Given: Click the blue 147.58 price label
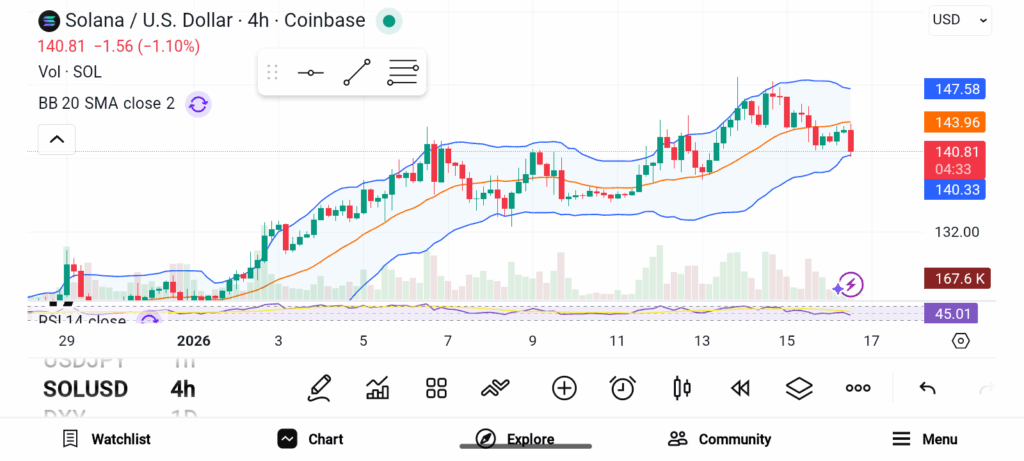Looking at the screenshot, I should coord(954,89).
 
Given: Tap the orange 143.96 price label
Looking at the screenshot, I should coord(954,122).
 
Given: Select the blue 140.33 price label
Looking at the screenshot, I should coord(954,189).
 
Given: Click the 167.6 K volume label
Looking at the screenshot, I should coord(954,279).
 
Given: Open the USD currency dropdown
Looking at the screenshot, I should coord(960,19).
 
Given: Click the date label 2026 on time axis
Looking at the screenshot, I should coord(187,341).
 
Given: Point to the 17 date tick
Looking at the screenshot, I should coord(872,341).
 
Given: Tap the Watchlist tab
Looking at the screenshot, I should coord(106,439).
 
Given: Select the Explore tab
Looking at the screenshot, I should coord(515,439).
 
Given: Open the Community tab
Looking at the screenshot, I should coord(720,439).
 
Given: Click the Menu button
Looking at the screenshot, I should coord(925,439).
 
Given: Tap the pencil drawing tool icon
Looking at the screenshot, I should coord(320,388).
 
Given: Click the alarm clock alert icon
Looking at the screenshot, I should coord(623,388).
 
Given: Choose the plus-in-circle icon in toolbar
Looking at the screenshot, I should coord(564,388).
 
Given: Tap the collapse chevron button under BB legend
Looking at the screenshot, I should coord(57,139).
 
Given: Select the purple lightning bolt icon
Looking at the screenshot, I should coord(850,285).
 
